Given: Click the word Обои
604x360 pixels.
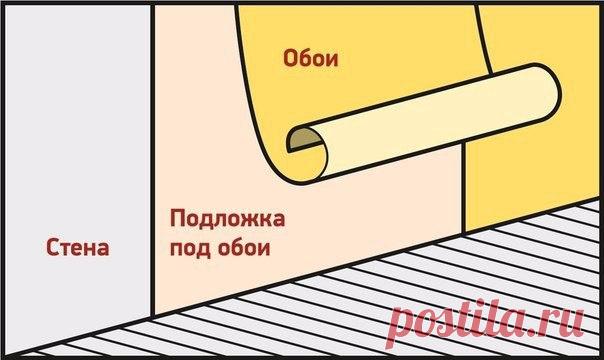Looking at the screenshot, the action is click(x=310, y=59).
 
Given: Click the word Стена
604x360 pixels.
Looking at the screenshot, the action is click(x=77, y=247).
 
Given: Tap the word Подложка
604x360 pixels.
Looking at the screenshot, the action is click(x=227, y=218).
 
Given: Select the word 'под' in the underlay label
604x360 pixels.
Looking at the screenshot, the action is click(x=190, y=249).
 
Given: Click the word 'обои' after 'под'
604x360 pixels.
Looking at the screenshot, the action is click(x=244, y=247).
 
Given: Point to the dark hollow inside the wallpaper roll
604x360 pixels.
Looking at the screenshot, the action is click(x=304, y=139).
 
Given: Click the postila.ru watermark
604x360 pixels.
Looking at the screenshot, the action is click(x=486, y=324).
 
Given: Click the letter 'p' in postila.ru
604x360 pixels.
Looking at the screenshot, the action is click(x=401, y=328).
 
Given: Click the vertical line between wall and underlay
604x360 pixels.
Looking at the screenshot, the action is click(x=153, y=161).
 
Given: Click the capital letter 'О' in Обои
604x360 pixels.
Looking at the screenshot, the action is click(x=291, y=59).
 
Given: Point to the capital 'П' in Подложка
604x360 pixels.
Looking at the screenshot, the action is click(x=178, y=218).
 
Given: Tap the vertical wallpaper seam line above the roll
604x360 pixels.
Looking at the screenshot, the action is click(x=484, y=39).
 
